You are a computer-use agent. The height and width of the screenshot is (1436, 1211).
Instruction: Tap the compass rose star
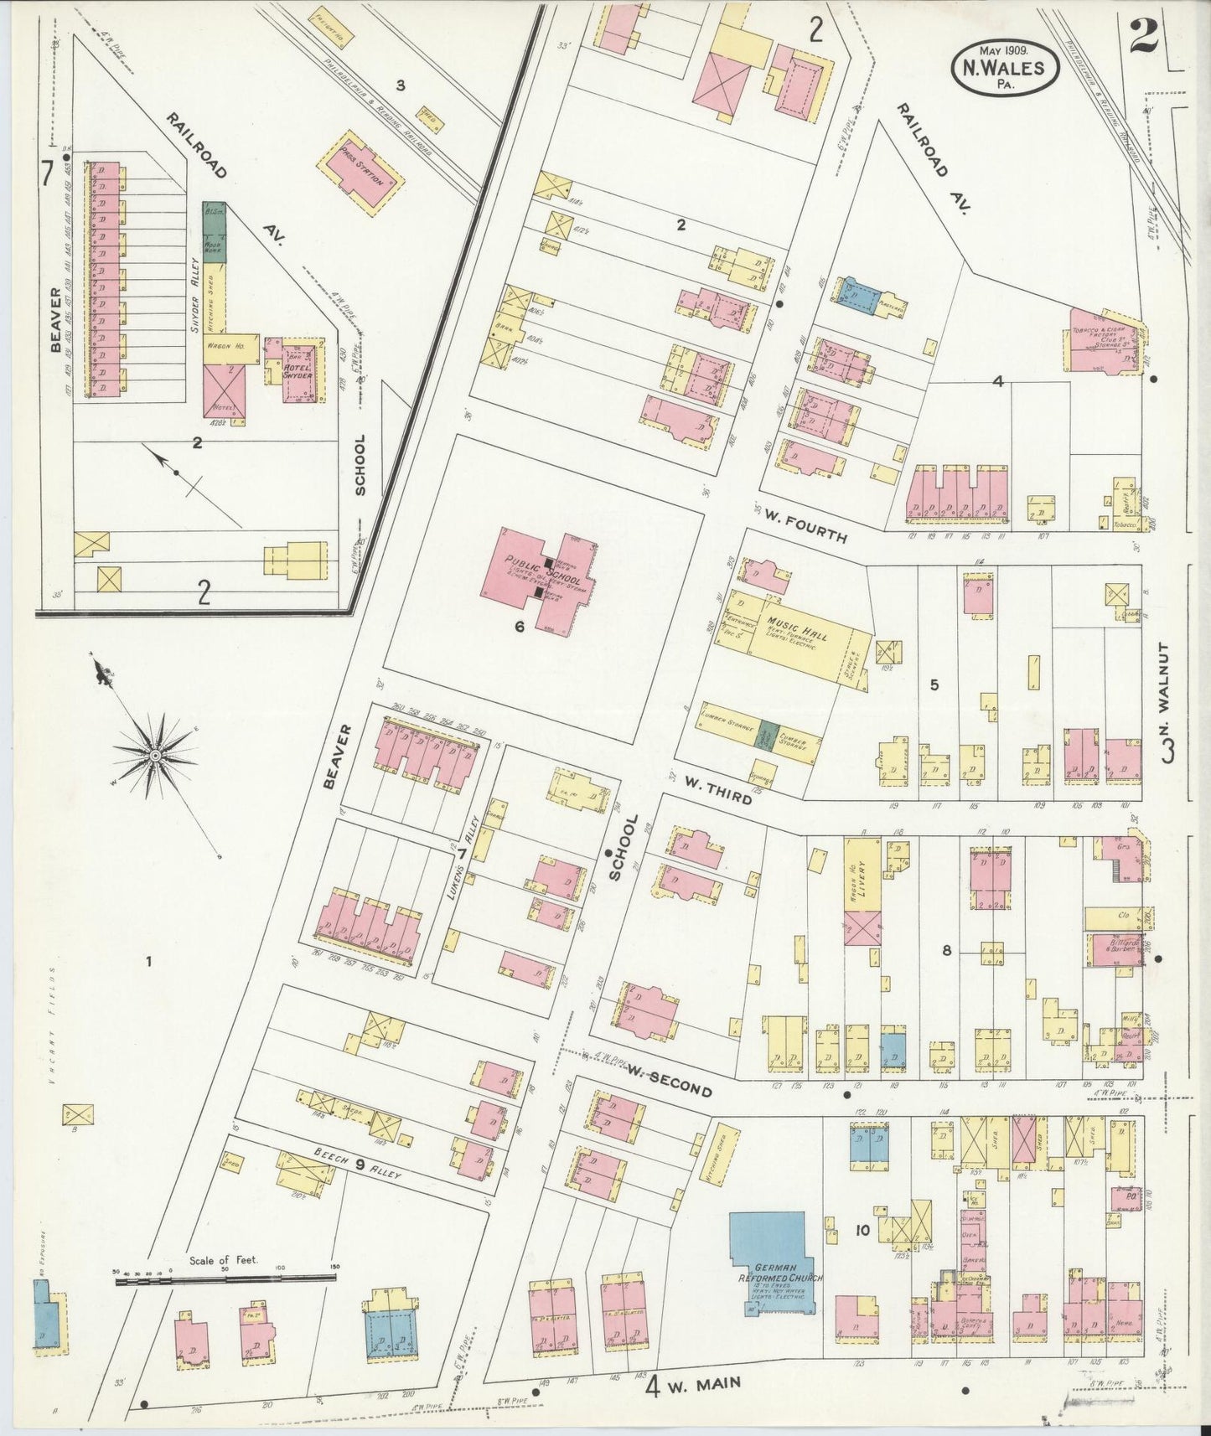(x=156, y=756)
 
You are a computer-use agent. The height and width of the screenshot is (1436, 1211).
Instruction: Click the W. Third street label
(x=717, y=788)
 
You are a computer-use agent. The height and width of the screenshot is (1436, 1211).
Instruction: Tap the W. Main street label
(x=707, y=1383)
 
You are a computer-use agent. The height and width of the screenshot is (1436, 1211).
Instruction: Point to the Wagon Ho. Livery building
(x=862, y=876)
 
